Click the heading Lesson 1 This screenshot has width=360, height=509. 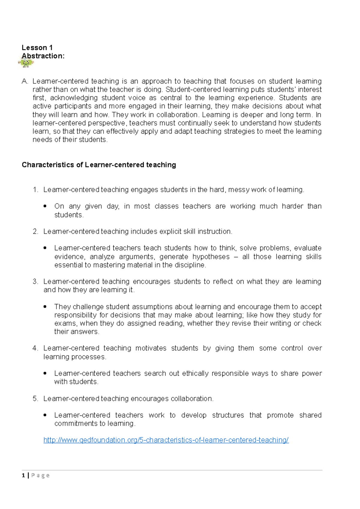coord(37,48)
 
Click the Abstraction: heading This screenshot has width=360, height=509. coord(43,56)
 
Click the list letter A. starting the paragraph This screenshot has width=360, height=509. coord(25,81)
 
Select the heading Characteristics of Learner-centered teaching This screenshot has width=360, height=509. coord(99,165)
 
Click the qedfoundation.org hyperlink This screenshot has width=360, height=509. coord(166,440)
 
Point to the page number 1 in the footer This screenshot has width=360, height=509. coord(23,475)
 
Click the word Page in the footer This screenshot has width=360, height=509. coord(40,475)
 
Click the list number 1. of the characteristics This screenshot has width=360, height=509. coord(36,190)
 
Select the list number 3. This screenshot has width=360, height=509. coord(36,281)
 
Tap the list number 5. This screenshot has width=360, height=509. coord(36,399)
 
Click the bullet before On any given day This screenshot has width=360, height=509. coord(45,206)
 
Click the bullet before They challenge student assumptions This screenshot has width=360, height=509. coord(45,307)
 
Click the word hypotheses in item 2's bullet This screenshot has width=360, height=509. coord(211,257)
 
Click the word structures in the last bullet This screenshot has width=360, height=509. coord(228,415)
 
